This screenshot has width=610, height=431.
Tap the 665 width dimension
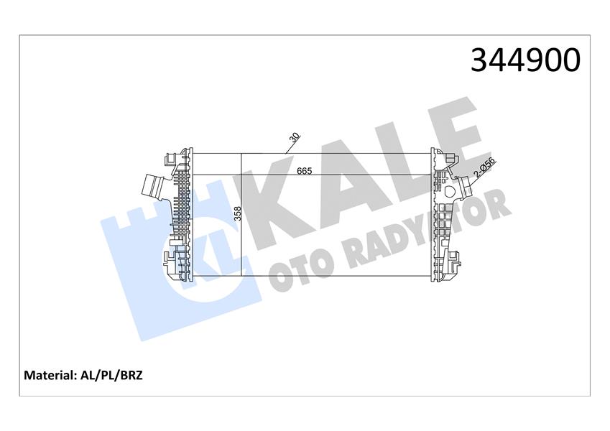[x=305, y=172]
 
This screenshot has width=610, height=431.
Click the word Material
[x=50, y=375]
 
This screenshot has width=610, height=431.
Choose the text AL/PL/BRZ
[x=113, y=375]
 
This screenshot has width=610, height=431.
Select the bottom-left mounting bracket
[x=171, y=261]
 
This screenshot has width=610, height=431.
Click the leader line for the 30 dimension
[x=289, y=148]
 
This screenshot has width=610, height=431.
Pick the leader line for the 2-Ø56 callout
[x=471, y=180]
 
